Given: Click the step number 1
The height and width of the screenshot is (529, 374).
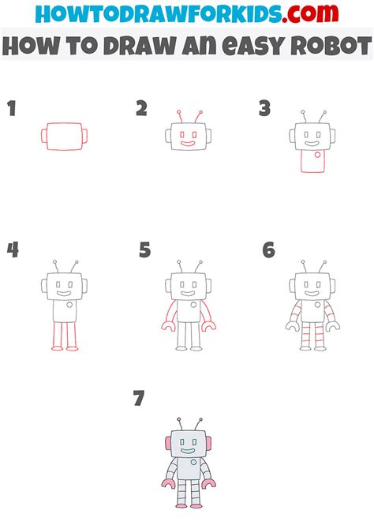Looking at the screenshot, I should [x=12, y=110].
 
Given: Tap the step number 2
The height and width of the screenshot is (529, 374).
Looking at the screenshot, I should [x=141, y=109].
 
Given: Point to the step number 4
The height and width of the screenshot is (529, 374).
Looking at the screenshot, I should [x=13, y=251].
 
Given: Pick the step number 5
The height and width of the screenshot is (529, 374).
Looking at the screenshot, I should [x=144, y=251].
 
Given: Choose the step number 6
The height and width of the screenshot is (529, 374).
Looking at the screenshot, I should [x=269, y=251].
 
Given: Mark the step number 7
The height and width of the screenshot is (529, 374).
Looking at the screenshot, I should [x=139, y=399].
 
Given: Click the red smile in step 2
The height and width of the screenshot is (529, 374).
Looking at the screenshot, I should [x=186, y=144].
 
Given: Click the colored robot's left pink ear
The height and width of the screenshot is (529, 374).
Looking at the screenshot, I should [x=167, y=442].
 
